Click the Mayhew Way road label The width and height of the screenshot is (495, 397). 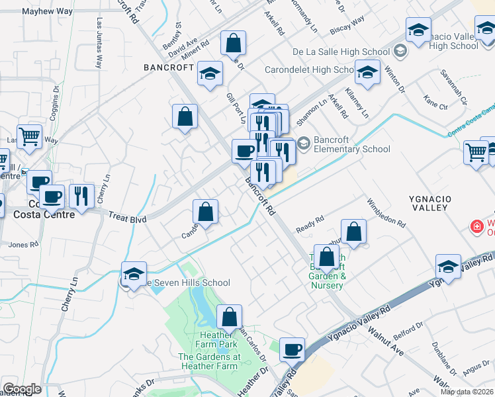[x=47, y=12]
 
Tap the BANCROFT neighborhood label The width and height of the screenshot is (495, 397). [x=169, y=67]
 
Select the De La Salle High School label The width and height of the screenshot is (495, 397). [x=341, y=52]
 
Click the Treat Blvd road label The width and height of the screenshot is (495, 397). [x=127, y=217]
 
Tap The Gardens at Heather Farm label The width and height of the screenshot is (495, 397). [x=208, y=361]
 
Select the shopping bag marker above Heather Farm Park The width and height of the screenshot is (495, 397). [x=229, y=317]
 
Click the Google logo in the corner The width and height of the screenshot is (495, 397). [x=22, y=389]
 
